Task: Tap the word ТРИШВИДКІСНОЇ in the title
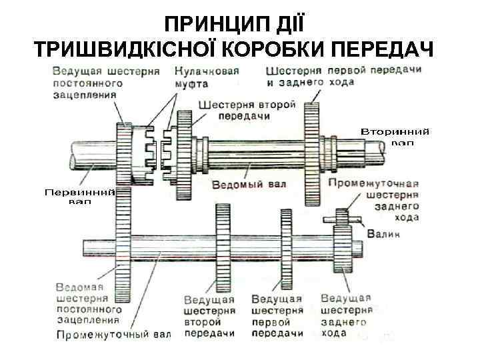pos(124,50)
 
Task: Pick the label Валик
pos(385,234)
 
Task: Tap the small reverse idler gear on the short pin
pos(341,218)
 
